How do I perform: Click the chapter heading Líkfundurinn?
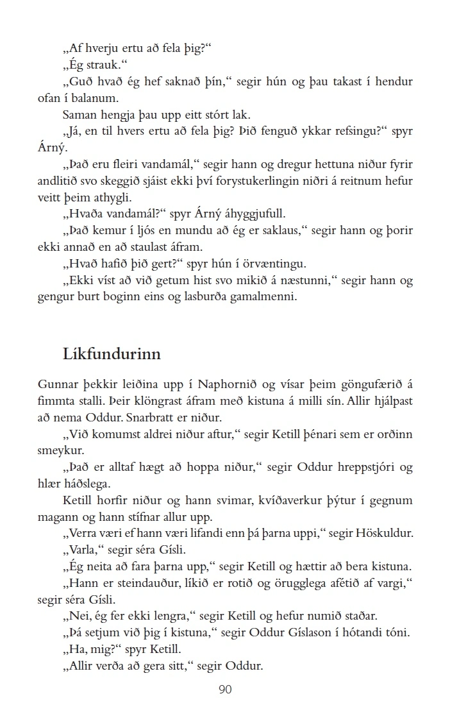pyautogui.click(x=112, y=353)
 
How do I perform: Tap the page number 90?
pyautogui.click(x=225, y=690)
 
